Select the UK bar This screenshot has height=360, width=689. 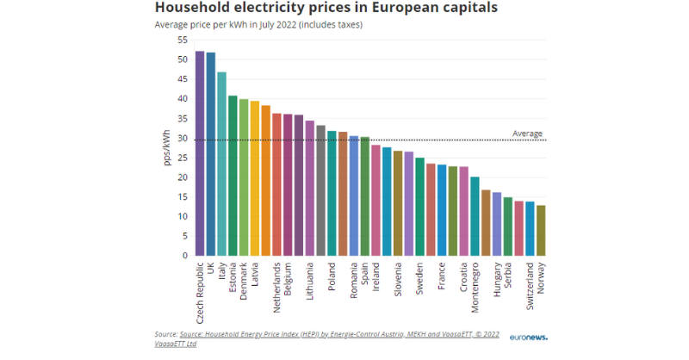[x=211, y=154]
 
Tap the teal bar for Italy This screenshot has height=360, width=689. [x=222, y=164]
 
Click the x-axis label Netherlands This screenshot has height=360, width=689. [x=277, y=283]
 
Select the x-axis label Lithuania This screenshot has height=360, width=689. [x=310, y=280]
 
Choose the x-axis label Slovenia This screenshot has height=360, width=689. [x=398, y=278]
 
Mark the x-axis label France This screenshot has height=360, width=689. [x=442, y=272]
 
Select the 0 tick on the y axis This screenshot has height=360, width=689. [x=183, y=256]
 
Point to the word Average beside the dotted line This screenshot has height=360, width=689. [x=527, y=133]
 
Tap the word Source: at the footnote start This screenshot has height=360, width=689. [x=166, y=332]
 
